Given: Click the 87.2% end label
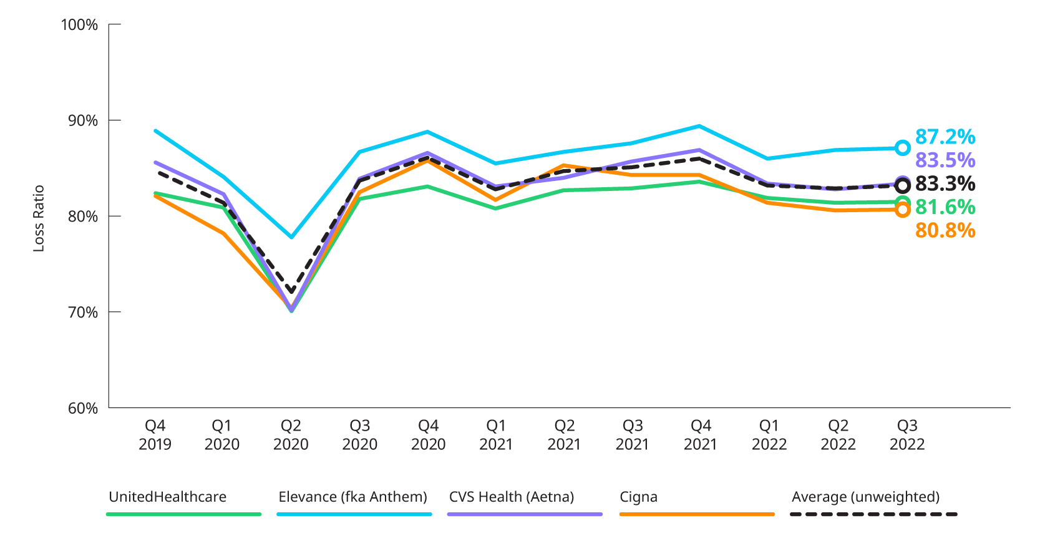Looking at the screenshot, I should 945,137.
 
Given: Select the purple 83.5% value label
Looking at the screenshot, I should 945,160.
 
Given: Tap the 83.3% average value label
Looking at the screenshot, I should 945,183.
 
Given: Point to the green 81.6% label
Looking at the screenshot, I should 945,207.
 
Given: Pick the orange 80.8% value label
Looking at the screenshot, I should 945,231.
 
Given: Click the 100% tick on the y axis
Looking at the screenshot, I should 79,25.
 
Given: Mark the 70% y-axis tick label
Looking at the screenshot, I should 82,312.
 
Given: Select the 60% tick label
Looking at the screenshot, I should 82,408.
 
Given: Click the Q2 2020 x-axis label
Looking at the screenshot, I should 291,435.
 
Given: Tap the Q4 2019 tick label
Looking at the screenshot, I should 155,435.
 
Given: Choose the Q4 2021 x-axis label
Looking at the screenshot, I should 701,435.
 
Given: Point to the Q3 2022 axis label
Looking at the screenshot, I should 906,435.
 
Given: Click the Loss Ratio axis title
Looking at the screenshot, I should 39,218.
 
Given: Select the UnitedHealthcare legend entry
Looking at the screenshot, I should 168,497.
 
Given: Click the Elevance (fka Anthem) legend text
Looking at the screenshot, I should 352,497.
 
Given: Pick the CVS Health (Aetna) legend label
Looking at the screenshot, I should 512,497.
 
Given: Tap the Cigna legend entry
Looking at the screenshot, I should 638,497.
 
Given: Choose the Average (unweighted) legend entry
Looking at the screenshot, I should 865,497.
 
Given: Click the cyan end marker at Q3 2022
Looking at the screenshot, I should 902,148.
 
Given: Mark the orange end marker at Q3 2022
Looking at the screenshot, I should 902,210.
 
